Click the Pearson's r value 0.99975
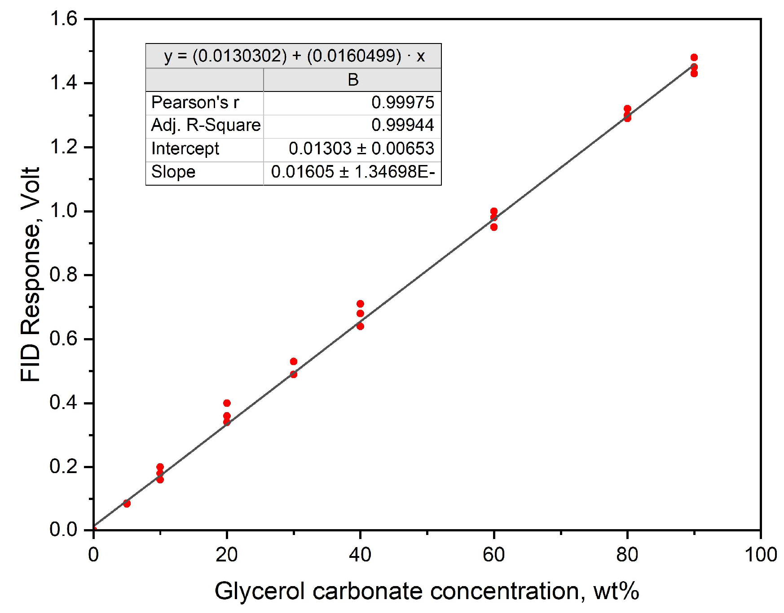[402, 103]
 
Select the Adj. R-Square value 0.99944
[402, 125]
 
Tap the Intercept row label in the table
[185, 148]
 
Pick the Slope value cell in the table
[352, 172]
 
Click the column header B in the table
[353, 80]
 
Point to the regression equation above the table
[294, 56]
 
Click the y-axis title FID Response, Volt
[31, 274]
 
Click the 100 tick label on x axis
[761, 555]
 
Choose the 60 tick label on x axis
[493, 555]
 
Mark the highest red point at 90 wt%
[694, 57]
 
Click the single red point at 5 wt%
[127, 504]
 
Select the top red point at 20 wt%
[227, 403]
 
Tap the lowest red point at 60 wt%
[493, 227]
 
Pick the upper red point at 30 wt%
[293, 361]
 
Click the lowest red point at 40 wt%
[360, 326]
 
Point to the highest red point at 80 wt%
[627, 109]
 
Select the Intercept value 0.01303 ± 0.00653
[361, 148]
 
